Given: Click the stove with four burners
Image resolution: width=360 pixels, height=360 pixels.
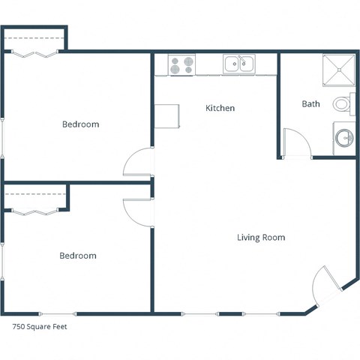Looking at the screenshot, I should pyautogui.click(x=181, y=65).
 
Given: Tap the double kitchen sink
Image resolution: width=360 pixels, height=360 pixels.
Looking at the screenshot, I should pyautogui.click(x=240, y=64).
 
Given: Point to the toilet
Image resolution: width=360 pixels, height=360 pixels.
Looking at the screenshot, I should pyautogui.click(x=341, y=104).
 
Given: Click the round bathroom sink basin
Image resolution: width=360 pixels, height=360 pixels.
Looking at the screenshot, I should pyautogui.click(x=343, y=138).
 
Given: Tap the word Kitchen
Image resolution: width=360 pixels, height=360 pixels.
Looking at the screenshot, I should pyautogui.click(x=220, y=108).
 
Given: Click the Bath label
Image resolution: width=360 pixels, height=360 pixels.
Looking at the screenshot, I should pyautogui.click(x=310, y=103).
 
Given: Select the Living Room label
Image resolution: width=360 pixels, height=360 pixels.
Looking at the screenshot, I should pyautogui.click(x=261, y=238).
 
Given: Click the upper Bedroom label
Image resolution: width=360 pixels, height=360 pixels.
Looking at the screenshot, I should pyautogui.click(x=80, y=124).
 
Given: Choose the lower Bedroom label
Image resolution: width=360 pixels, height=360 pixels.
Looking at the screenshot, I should pyautogui.click(x=78, y=256).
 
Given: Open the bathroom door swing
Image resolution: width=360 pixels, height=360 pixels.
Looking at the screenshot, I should pyautogui.click(x=295, y=145).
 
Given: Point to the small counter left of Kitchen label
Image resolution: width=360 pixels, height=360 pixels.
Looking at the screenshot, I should pyautogui.click(x=167, y=115).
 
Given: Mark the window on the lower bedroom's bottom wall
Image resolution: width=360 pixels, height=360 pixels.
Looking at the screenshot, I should pyautogui.click(x=57, y=313).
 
